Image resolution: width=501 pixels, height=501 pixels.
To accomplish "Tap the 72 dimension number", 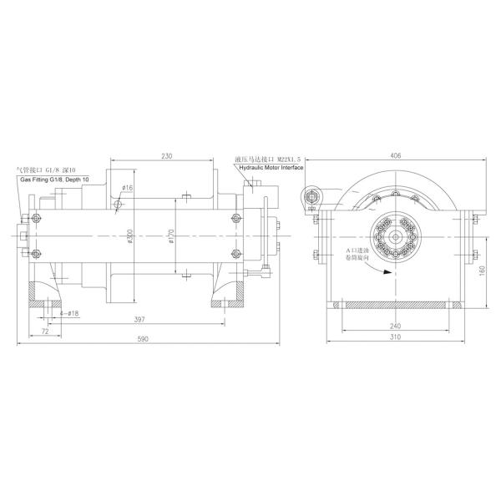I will [x=44, y=331].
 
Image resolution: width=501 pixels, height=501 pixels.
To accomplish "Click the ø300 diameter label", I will [x=131, y=239].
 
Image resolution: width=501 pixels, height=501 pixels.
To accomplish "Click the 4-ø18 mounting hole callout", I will [x=68, y=313].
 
